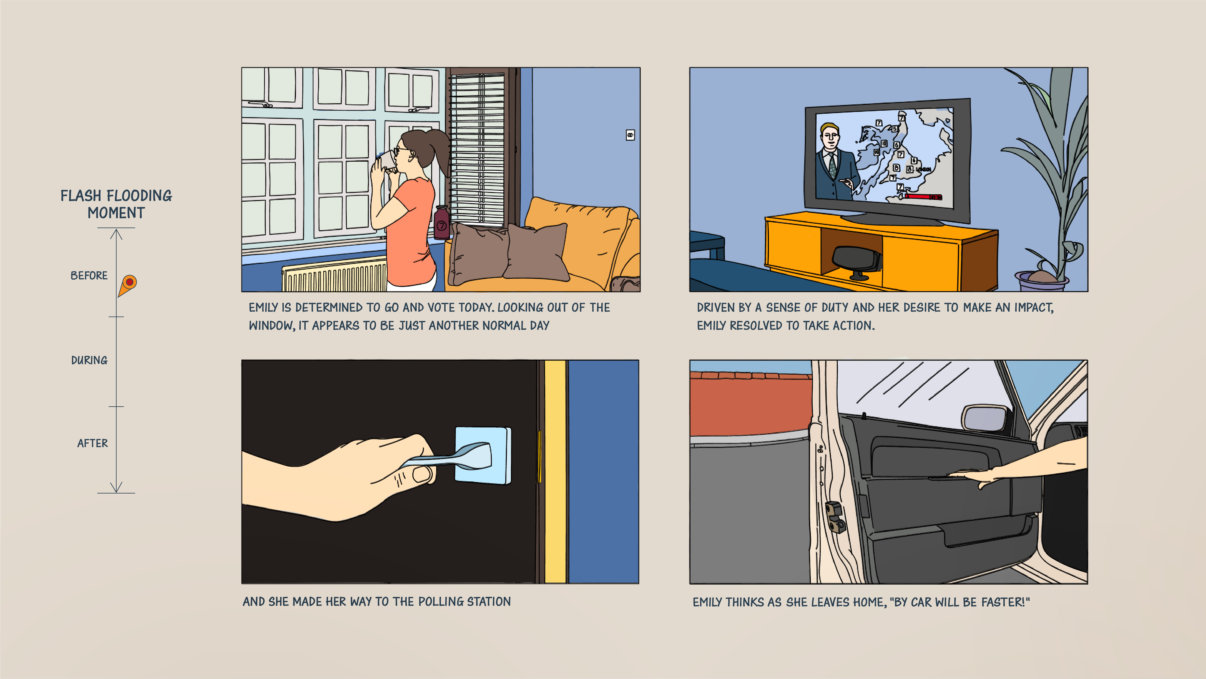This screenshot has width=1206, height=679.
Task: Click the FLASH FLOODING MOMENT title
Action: [x=116, y=204]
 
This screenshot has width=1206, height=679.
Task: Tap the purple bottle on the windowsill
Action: [x=442, y=223]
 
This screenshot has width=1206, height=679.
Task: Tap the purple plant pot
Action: [x=1042, y=281]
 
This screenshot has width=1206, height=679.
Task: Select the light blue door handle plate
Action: [x=483, y=455]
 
